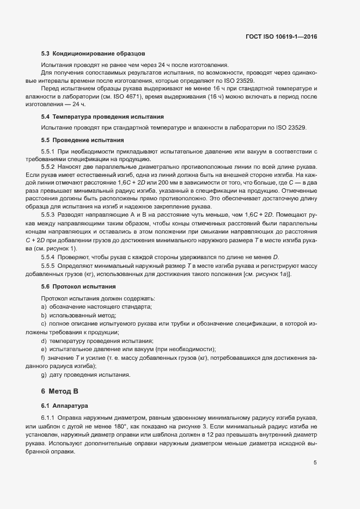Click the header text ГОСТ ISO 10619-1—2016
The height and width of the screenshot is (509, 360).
tap(282, 37)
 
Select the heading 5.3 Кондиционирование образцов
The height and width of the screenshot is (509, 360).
tap(93, 54)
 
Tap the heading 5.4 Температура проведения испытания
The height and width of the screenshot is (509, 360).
tap(102, 117)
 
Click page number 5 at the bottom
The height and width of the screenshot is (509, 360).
tap(315, 463)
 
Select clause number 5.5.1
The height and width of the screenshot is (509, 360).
tap(48, 151)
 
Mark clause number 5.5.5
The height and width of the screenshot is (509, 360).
tap(48, 265)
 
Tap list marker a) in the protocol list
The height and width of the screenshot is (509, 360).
tap(44, 307)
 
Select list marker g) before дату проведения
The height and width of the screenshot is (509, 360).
tap(44, 375)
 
